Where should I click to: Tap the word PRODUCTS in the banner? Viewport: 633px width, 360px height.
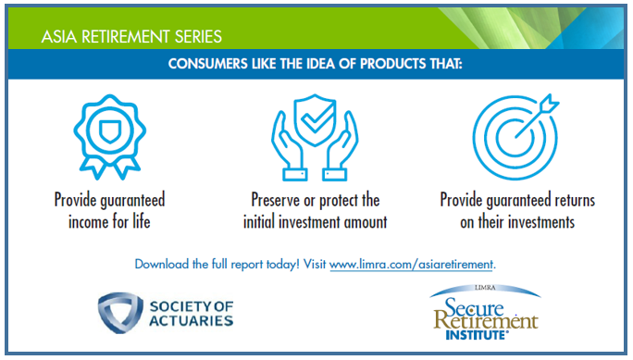pos(386,65)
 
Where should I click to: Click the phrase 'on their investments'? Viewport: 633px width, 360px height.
pos(516,222)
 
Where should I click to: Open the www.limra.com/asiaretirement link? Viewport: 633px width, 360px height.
pos(413,264)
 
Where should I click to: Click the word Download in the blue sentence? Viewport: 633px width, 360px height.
pos(164,264)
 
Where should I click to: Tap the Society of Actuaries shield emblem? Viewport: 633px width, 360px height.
pos(121,313)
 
